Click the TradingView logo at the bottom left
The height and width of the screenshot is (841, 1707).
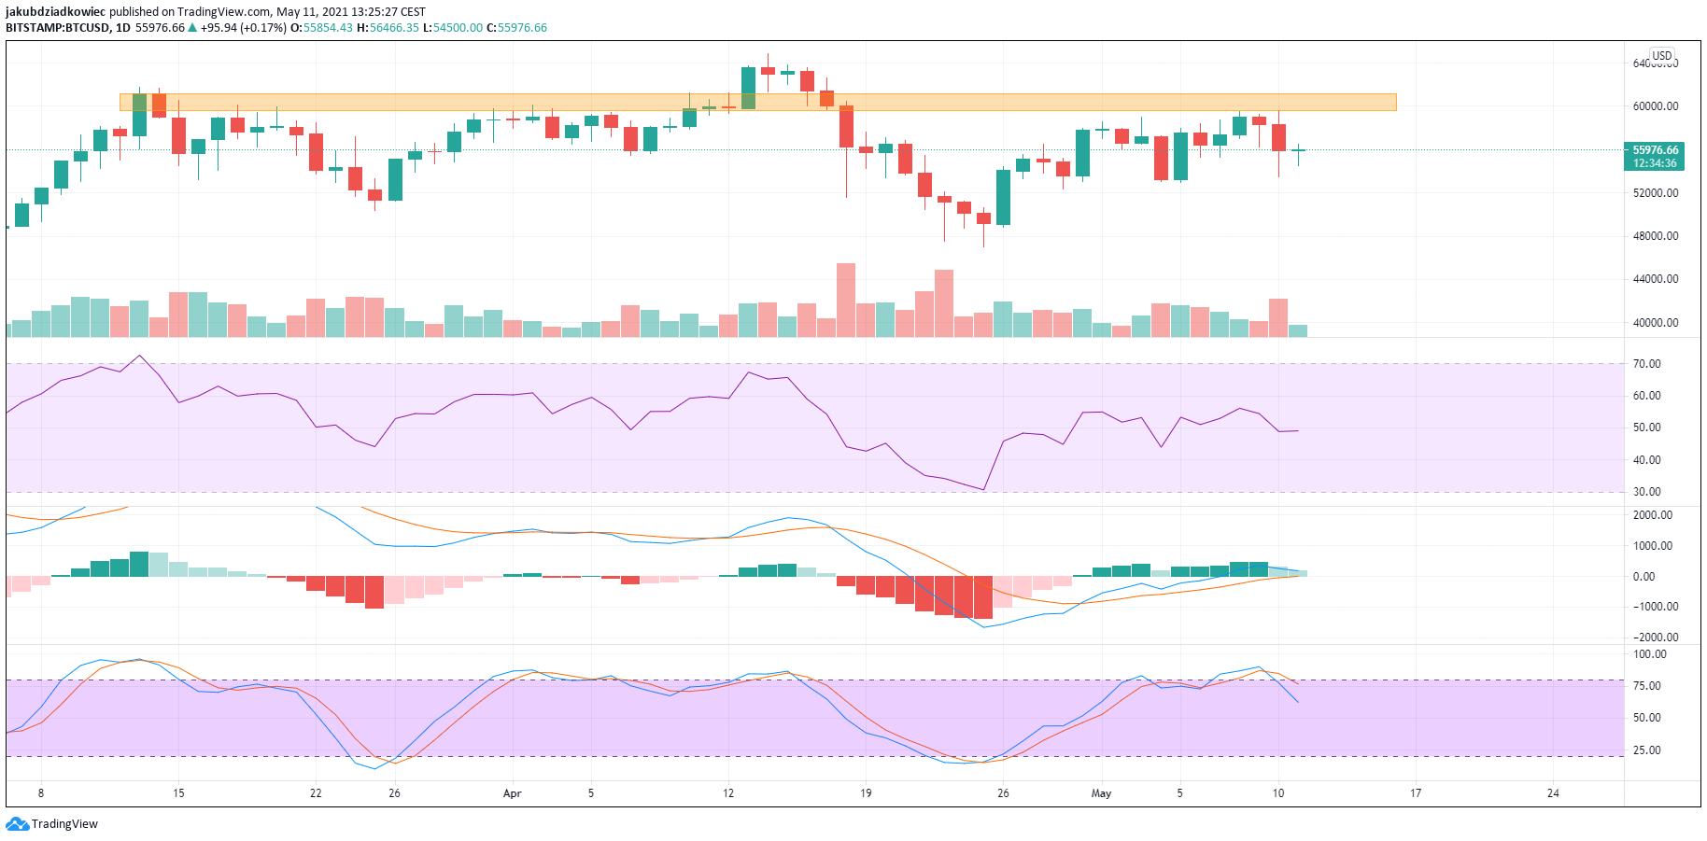[x=52, y=824]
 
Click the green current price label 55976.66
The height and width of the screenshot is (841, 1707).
[x=1655, y=150]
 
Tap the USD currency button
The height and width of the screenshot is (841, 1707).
[x=1661, y=56]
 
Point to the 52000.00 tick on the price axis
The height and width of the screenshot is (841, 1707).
[x=1655, y=193]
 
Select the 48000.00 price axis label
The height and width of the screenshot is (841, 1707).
[x=1655, y=236]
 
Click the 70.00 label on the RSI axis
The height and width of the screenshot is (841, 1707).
[x=1646, y=364]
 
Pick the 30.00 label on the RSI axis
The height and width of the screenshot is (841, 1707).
[x=1646, y=492]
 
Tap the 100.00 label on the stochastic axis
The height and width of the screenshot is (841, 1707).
[x=1649, y=654]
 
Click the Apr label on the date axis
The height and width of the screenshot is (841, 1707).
[x=512, y=794]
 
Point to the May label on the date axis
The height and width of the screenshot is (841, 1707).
[x=1102, y=794]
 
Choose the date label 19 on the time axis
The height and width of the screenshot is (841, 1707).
[x=866, y=794]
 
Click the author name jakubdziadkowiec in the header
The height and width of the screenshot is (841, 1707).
[x=55, y=12]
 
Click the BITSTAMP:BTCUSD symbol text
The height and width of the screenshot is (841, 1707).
[x=58, y=28]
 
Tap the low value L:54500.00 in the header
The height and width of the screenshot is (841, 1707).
[x=453, y=28]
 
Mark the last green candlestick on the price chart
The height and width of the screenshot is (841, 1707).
[x=1298, y=150]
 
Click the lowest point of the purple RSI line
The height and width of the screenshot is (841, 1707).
[x=983, y=489]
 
